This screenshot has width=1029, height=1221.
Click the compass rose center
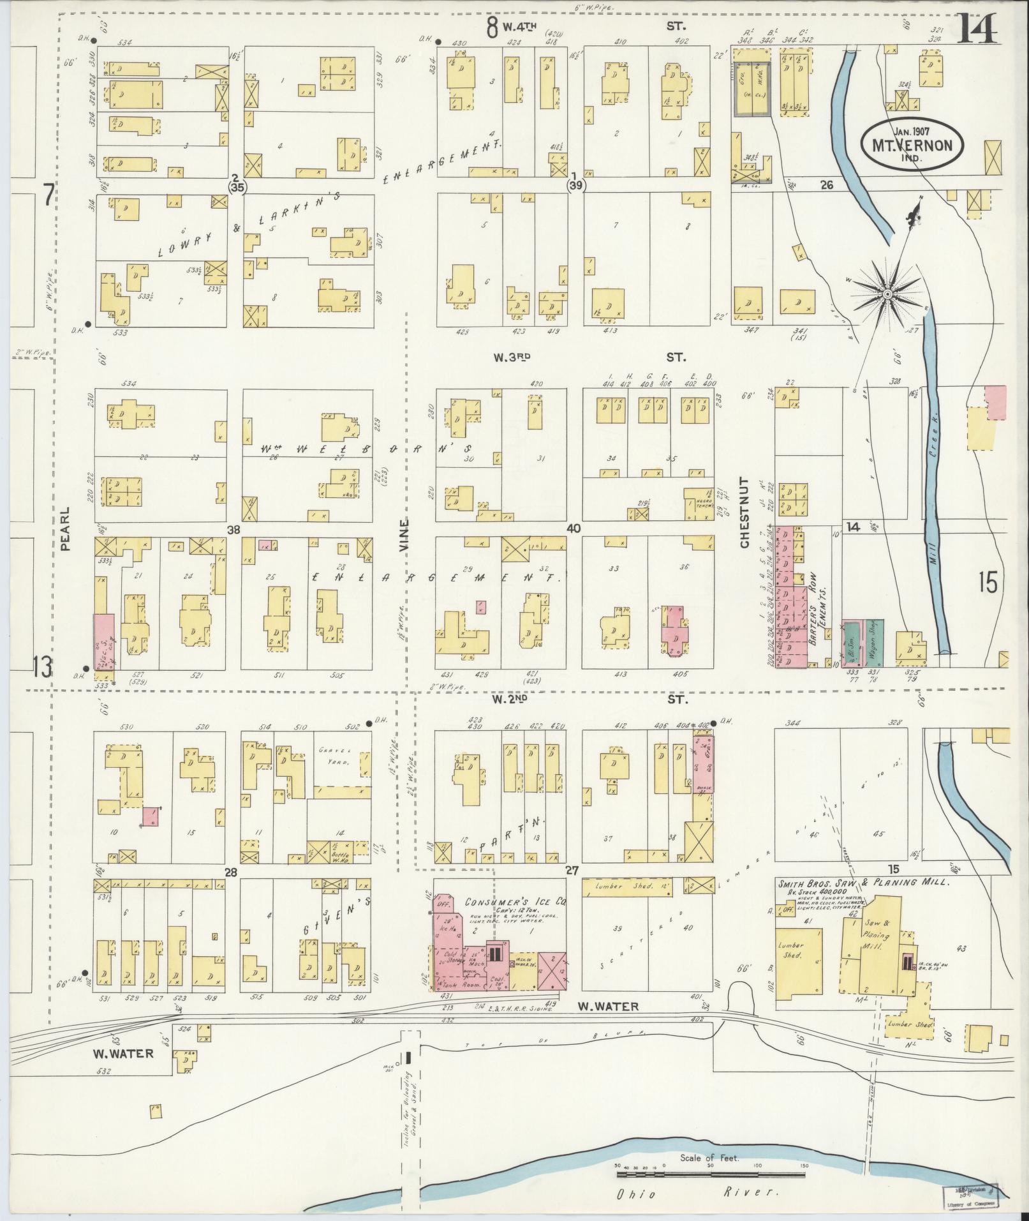887,293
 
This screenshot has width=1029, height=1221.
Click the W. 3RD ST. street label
587,359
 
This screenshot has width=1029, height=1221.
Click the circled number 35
238,187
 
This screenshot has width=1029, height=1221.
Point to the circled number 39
576,185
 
